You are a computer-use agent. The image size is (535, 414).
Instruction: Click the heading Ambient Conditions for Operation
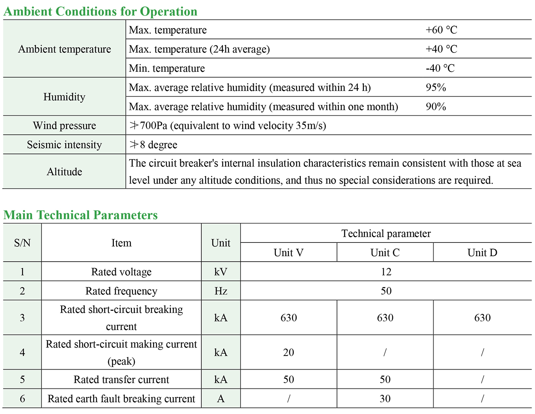tap(100, 11)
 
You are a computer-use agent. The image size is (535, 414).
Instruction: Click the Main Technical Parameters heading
tap(81, 215)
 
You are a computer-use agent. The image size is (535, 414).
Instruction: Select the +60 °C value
tap(441, 30)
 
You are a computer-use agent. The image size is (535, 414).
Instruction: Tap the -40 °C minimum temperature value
tap(440, 68)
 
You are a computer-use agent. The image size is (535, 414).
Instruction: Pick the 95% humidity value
tap(436, 87)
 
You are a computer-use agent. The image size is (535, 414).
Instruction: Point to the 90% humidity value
tap(436, 107)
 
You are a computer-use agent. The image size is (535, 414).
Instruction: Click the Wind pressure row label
tap(64, 126)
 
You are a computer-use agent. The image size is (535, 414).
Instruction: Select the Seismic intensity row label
tap(64, 145)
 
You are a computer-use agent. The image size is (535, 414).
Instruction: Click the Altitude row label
tap(64, 171)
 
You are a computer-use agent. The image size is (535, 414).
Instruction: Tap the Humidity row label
tap(64, 97)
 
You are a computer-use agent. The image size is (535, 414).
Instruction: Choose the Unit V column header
tap(289, 252)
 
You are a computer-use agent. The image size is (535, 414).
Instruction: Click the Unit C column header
tap(385, 252)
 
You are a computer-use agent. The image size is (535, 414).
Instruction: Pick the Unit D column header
tap(482, 252)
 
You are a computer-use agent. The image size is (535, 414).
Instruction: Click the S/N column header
tap(22, 243)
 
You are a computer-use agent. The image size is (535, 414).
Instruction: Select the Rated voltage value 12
tap(386, 272)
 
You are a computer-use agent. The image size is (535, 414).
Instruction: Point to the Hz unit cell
tap(221, 291)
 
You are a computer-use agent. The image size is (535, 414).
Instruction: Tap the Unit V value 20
tap(289, 352)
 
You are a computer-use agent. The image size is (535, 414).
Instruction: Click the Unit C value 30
tap(385, 399)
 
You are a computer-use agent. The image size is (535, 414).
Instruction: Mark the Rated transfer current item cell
tap(121, 380)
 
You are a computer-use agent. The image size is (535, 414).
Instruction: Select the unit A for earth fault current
tap(221, 399)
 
